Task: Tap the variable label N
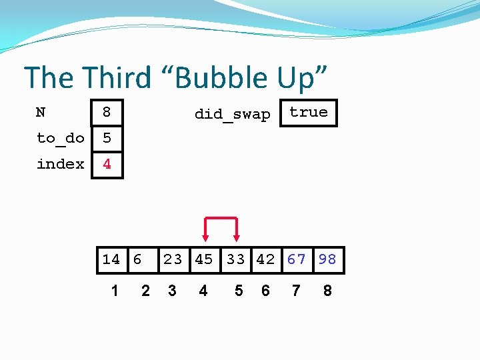click(x=41, y=112)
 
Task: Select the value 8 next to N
click(x=107, y=112)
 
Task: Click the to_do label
click(x=60, y=138)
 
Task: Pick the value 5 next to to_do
click(x=107, y=138)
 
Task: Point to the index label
click(x=60, y=164)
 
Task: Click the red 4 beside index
click(x=107, y=164)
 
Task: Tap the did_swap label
click(x=232, y=114)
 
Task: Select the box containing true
click(x=309, y=113)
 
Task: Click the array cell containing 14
click(x=111, y=259)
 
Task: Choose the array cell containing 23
click(x=173, y=259)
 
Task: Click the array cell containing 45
click(x=204, y=259)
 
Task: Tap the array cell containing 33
click(x=235, y=259)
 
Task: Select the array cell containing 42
click(x=265, y=259)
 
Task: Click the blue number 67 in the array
click(x=297, y=259)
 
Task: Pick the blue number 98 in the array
click(x=327, y=259)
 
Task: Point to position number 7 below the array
click(x=296, y=291)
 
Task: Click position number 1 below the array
click(x=115, y=291)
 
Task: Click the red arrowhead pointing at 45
click(x=205, y=237)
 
